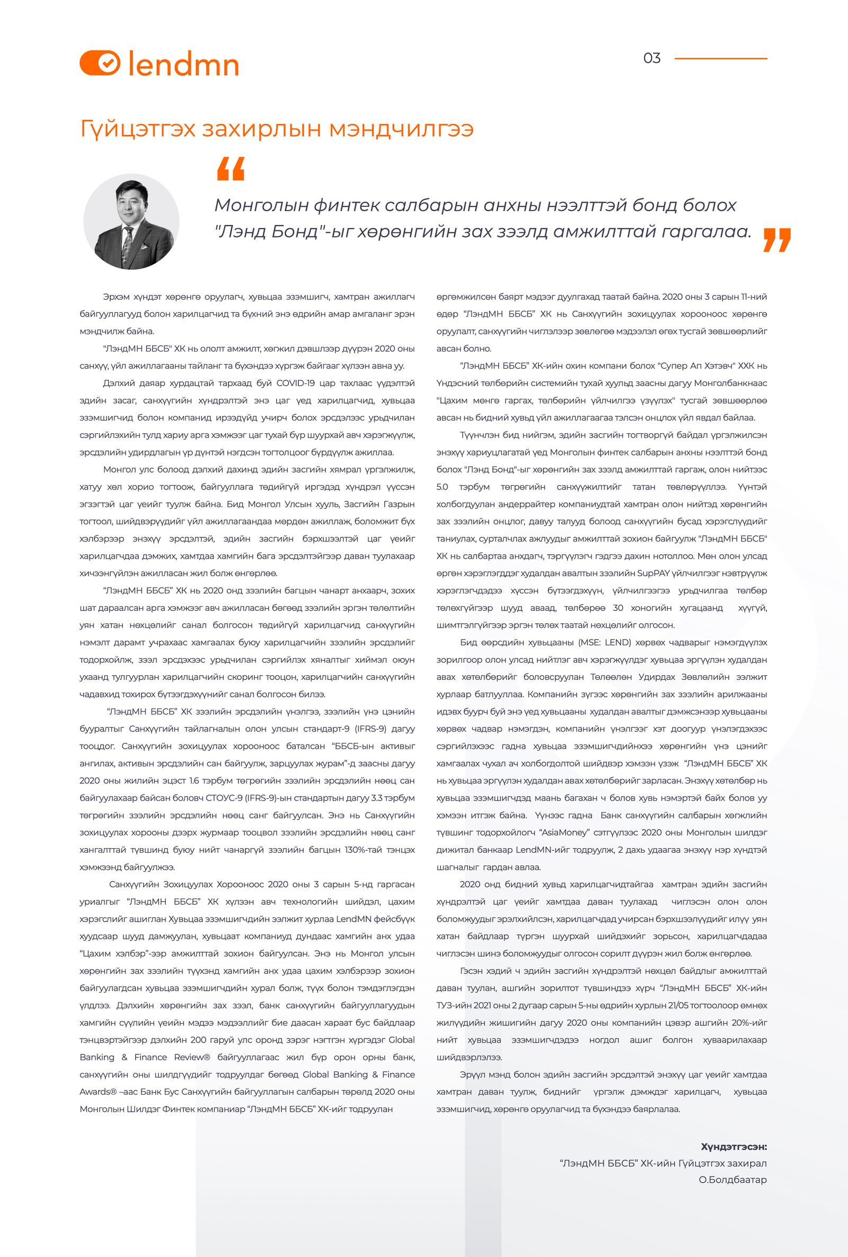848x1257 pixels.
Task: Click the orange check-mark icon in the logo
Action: pos(107,63)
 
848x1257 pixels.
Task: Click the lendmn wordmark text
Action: pos(184,63)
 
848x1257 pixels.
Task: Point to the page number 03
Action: pos(652,58)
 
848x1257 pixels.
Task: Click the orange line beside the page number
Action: pos(720,58)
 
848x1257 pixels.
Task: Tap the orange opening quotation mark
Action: pos(230,169)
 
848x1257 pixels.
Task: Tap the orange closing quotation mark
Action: pos(776,240)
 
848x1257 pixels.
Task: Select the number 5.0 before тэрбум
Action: pos(443,487)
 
